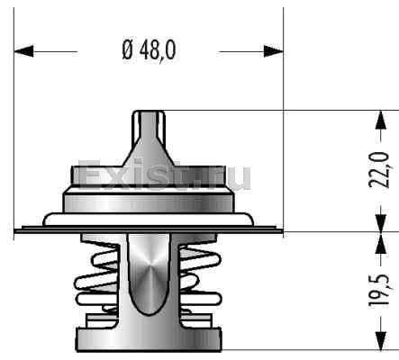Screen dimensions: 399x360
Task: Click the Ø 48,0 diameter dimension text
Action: pos(150,49)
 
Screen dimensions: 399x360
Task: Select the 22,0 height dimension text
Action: pos(379,170)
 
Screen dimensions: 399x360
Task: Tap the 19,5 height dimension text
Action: pos(379,290)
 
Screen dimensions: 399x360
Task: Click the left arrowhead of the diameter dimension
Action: pos(23,51)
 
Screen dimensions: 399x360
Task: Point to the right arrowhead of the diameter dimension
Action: pos(273,51)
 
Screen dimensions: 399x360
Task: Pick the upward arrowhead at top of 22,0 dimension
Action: pos(381,121)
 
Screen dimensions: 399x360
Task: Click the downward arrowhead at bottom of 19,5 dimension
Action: pos(381,340)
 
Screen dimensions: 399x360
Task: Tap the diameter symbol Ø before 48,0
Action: pos(127,49)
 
